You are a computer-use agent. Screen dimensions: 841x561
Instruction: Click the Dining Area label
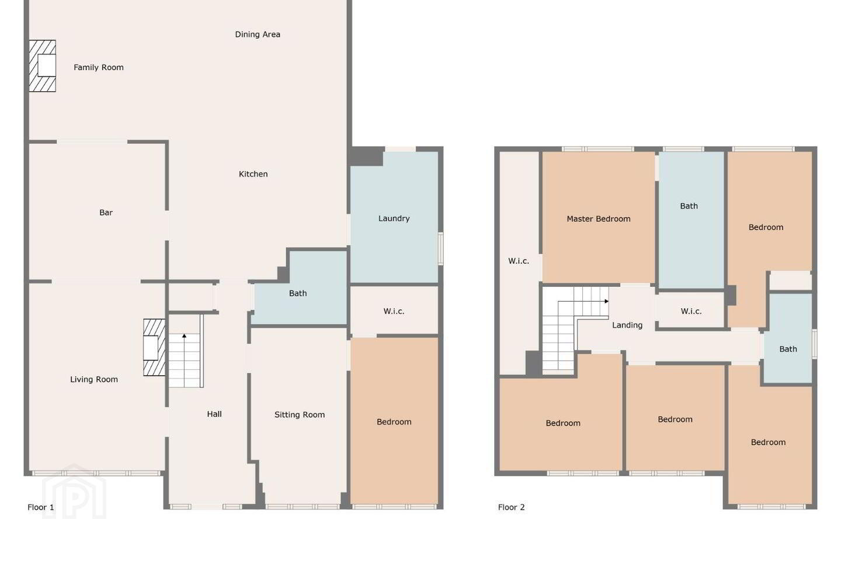coord(258,34)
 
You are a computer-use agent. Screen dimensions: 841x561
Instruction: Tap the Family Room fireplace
coord(43,66)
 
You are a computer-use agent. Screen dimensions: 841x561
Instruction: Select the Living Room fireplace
coord(154,348)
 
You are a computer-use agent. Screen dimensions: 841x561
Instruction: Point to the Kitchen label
coord(253,174)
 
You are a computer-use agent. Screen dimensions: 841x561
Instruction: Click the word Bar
coord(106,213)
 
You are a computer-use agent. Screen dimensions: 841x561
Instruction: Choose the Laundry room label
coord(394,219)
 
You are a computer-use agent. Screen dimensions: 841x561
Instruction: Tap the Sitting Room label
coord(300,415)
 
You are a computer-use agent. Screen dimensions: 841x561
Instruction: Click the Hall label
coord(214,414)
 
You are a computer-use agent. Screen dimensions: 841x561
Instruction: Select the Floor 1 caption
coord(41,507)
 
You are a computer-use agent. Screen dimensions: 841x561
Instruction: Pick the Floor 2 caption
coord(512,507)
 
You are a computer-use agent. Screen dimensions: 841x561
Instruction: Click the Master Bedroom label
coord(599,219)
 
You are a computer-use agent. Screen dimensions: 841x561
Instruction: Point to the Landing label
coord(627,325)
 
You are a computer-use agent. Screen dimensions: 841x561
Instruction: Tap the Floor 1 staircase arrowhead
coord(185,335)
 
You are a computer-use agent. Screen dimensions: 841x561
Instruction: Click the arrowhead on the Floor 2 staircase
coord(606,302)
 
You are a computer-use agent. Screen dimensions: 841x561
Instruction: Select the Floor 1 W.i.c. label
coord(394,311)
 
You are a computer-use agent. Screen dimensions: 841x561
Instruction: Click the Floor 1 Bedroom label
coord(394,422)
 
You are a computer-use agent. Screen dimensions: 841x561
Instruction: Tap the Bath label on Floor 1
coord(298,293)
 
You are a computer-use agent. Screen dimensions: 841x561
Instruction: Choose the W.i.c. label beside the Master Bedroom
coord(519,261)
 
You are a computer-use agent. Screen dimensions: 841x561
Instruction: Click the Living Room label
coord(94,379)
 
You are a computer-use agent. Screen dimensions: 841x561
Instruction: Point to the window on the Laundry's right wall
coord(441,248)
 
